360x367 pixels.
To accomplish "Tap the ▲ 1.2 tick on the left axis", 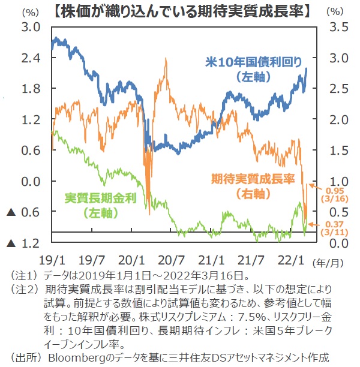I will point(24,243).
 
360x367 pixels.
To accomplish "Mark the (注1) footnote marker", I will point(22,275).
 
